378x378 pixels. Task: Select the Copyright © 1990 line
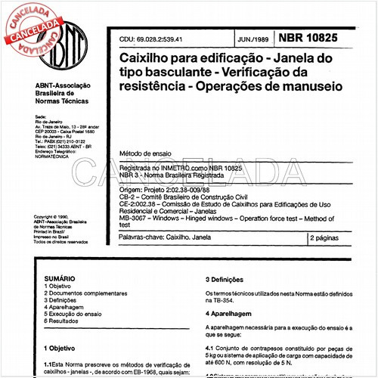(54, 216)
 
